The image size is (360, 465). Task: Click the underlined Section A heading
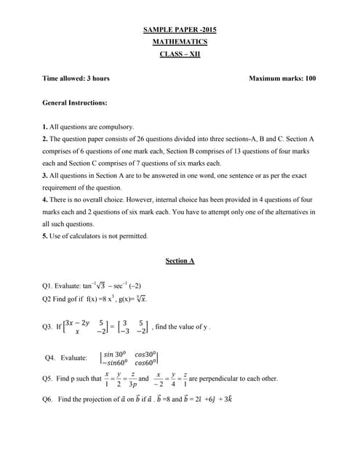[180, 260]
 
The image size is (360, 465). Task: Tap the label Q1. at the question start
[49, 286]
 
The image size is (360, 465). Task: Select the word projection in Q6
[96, 399]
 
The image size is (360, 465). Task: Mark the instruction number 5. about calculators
[44, 236]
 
